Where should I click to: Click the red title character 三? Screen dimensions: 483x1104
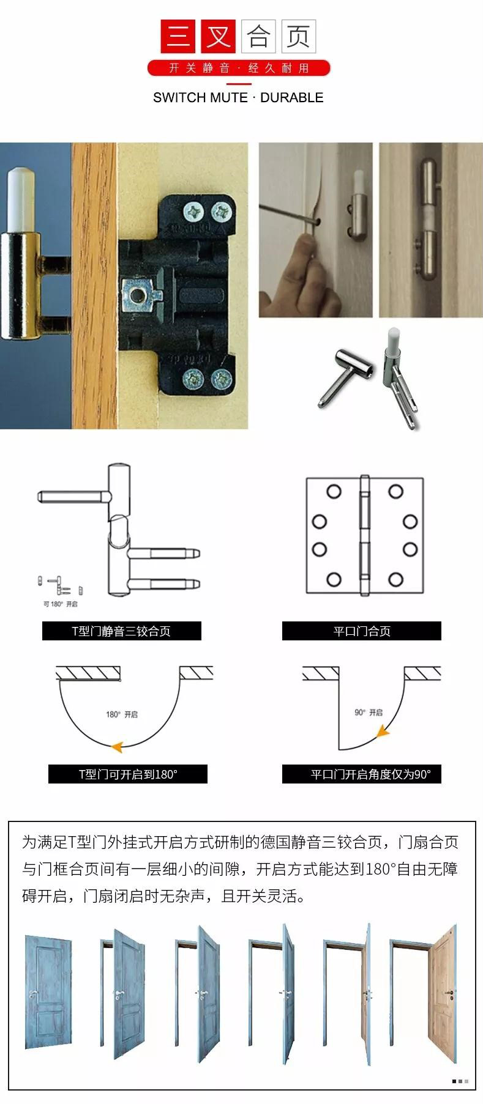[x=178, y=36]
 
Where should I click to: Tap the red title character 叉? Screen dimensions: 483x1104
[x=218, y=36]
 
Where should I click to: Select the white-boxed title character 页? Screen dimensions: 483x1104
[x=298, y=36]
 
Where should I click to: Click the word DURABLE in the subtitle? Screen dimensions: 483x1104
[x=292, y=97]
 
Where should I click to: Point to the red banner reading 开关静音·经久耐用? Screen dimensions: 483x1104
[x=239, y=68]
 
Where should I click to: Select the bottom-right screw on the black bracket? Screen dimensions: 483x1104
[x=222, y=380]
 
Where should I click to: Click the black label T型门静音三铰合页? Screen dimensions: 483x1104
[x=122, y=631]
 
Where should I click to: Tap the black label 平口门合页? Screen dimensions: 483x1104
[x=362, y=631]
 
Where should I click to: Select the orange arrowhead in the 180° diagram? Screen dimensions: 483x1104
[x=117, y=746]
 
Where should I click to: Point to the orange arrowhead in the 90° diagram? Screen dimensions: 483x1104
[x=383, y=730]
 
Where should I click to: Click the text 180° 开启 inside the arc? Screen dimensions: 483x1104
[x=122, y=714]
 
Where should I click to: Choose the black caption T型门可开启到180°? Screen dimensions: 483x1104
[x=128, y=774]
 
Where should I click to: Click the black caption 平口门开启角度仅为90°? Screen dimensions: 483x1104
[x=362, y=774]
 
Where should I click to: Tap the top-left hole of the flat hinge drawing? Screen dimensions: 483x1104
[x=334, y=492]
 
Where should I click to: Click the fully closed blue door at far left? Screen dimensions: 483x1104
[x=49, y=991]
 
